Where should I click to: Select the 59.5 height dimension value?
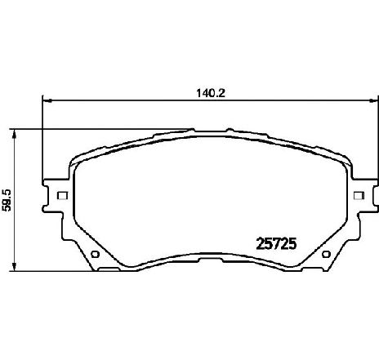coord(7,199)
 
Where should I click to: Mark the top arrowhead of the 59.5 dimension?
coord(18,133)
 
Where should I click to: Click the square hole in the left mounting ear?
coord(61,195)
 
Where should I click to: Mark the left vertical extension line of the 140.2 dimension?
coord(42,139)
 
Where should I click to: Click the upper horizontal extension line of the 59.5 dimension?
coord(98,129)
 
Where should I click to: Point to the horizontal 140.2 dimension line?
coord(123,101)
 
